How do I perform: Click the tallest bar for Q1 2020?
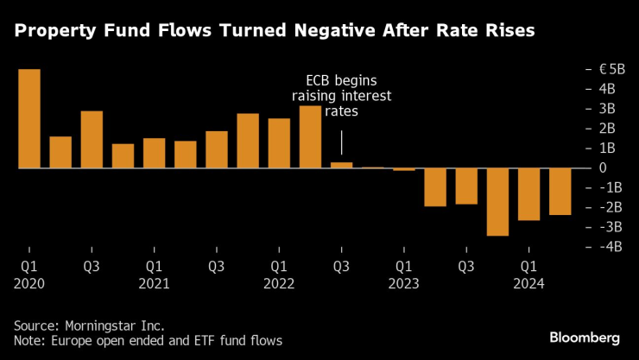[x=29, y=118]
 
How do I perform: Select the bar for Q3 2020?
[x=92, y=139]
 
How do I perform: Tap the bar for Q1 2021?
[x=154, y=153]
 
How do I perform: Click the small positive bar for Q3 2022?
[x=341, y=165]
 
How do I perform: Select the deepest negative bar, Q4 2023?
[x=497, y=202]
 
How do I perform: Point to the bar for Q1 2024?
[x=528, y=194]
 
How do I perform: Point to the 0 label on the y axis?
[x=602, y=168]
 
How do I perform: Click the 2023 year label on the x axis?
[x=403, y=283]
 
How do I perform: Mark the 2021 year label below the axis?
[x=154, y=283]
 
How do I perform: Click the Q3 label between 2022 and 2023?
[x=341, y=266]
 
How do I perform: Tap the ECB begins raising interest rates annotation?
[x=341, y=95]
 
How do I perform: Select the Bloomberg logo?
[x=585, y=336]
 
